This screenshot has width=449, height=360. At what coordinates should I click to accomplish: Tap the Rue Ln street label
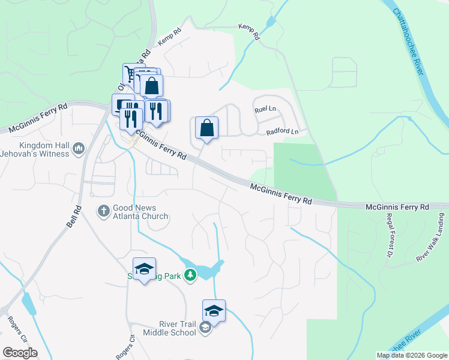[265, 110]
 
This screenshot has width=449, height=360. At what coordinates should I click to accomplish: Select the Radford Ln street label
[282, 131]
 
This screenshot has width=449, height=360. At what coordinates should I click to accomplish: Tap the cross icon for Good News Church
[103, 211]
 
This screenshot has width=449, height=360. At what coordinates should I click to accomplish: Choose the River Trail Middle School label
[169, 328]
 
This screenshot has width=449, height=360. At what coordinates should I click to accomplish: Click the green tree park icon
[190, 275]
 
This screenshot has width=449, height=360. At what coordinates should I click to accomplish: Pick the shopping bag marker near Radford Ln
[206, 128]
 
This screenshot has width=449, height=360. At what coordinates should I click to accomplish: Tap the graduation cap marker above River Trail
[214, 311]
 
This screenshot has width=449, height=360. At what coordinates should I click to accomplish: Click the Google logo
[20, 352]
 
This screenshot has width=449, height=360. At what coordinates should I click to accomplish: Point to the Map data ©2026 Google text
[411, 355]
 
